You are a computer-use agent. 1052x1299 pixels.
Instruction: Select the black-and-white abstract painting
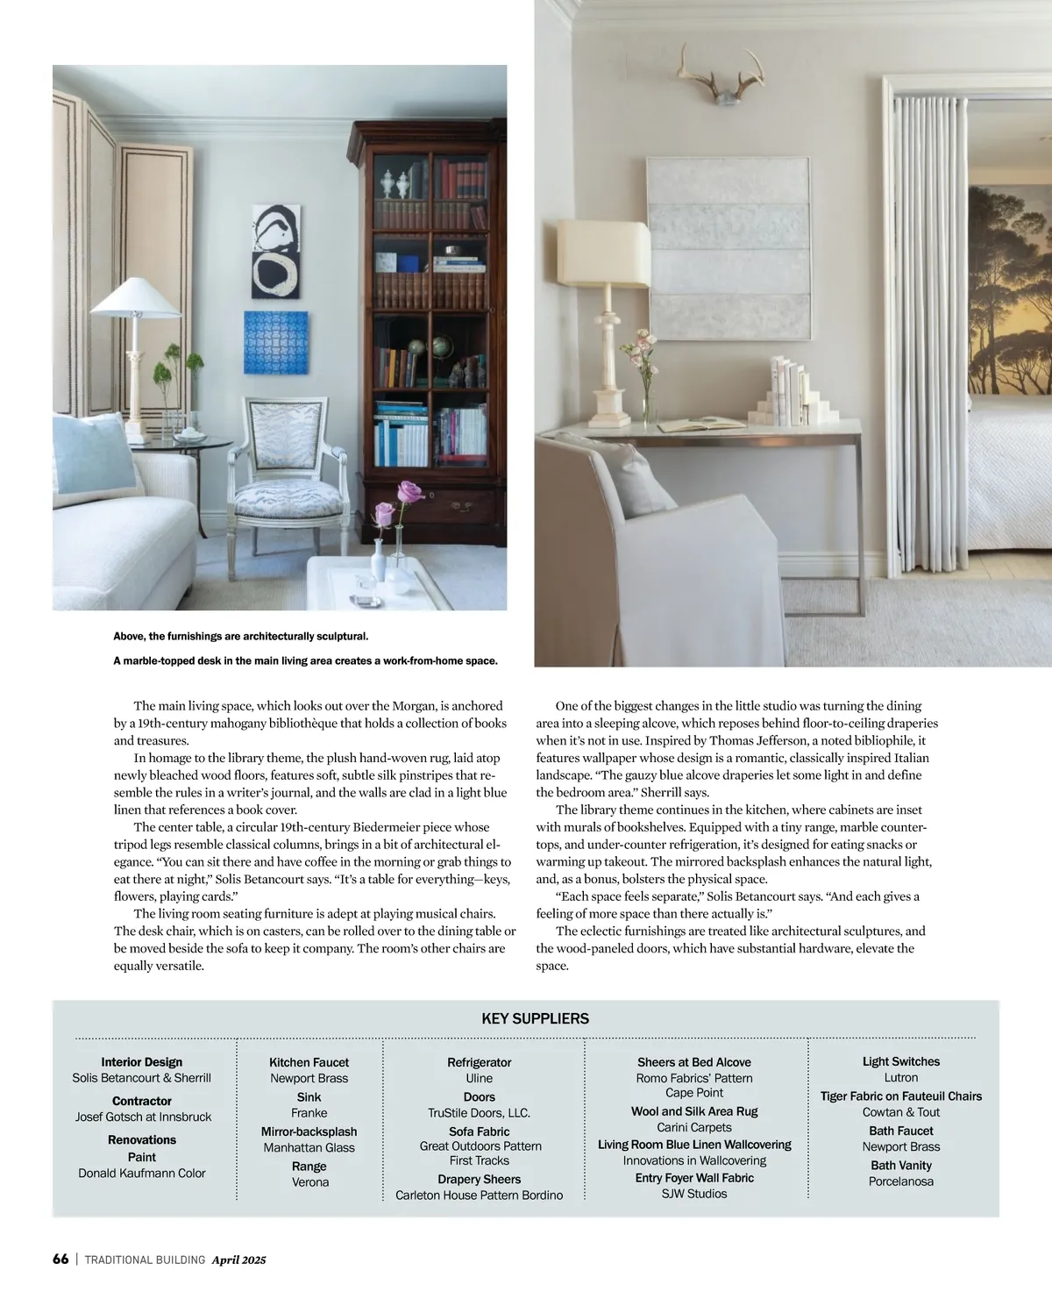point(276,251)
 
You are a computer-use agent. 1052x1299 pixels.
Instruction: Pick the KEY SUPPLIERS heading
point(535,1018)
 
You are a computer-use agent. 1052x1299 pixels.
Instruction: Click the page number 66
point(60,1260)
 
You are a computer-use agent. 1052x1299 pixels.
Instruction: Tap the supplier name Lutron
point(900,1077)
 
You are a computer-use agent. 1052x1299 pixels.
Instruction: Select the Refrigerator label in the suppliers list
point(479,1062)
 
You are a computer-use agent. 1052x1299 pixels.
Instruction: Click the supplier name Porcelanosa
point(900,1181)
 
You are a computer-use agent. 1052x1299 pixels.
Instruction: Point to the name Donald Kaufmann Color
point(142,1174)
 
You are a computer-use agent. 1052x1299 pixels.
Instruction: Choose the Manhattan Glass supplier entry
point(309,1147)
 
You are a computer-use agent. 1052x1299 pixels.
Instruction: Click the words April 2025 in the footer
point(238,1260)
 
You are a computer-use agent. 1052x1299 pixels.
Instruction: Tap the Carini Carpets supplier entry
point(693,1127)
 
